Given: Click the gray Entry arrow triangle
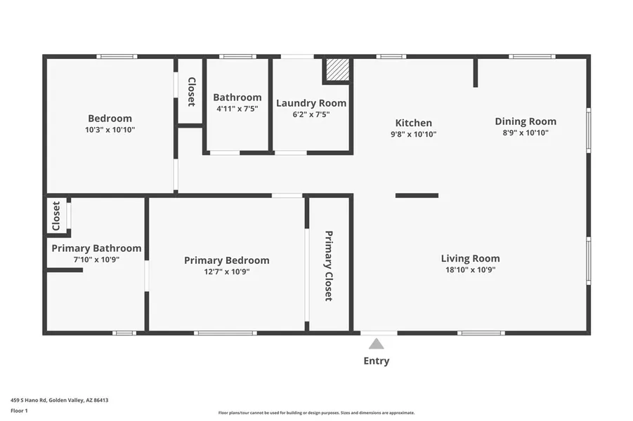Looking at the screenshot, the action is (377, 344).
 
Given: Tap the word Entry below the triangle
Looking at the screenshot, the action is (377, 361).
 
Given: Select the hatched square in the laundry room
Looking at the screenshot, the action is (337, 69).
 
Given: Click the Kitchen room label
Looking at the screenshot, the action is (413, 123).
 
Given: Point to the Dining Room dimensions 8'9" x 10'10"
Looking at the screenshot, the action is (526, 133).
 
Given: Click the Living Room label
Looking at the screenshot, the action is (470, 258).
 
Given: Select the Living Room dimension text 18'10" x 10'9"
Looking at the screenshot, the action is (470, 269).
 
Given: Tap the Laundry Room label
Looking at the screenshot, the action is (311, 103).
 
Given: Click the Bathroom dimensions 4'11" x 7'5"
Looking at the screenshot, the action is (237, 109).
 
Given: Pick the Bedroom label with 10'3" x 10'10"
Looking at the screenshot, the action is (110, 119).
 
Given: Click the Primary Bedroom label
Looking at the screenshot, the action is (227, 260).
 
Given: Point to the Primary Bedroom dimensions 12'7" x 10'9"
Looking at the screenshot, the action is (227, 272).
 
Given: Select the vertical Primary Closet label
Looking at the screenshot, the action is (329, 266).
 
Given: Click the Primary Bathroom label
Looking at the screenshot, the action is (96, 248).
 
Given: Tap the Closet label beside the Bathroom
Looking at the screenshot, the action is (191, 92).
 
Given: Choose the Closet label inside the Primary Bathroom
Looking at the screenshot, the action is (56, 216).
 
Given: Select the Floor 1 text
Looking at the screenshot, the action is (19, 411).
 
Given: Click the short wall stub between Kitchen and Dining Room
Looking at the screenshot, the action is (476, 72).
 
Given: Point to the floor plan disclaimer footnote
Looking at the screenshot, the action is (316, 413).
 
